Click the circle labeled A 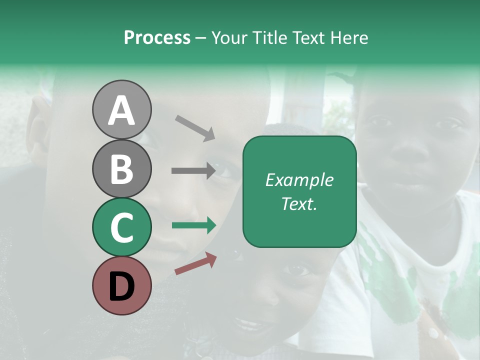point(121,109)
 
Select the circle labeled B point(121,168)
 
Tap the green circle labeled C point(121,227)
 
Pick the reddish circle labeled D point(121,285)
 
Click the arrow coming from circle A point(195,127)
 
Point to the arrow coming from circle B point(193,171)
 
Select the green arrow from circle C point(194,225)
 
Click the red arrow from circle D point(195,263)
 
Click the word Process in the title point(157,37)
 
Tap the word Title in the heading point(267,37)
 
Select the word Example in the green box point(299,180)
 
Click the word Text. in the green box point(299,203)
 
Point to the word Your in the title point(229,37)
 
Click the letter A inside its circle point(121,110)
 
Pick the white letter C point(121,227)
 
